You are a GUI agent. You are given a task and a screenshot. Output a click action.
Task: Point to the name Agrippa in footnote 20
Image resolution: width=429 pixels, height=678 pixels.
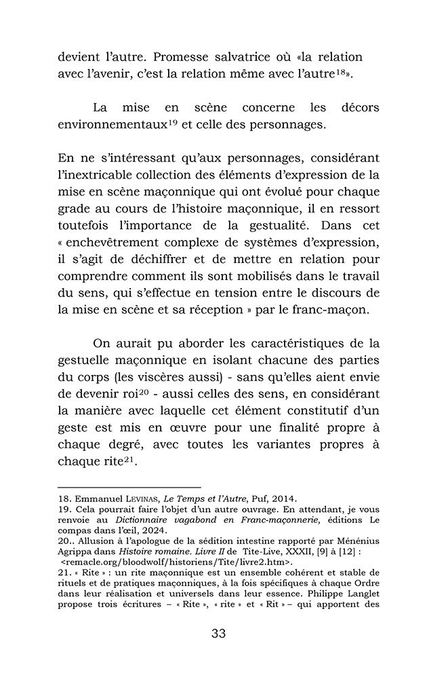[x=74, y=552]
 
